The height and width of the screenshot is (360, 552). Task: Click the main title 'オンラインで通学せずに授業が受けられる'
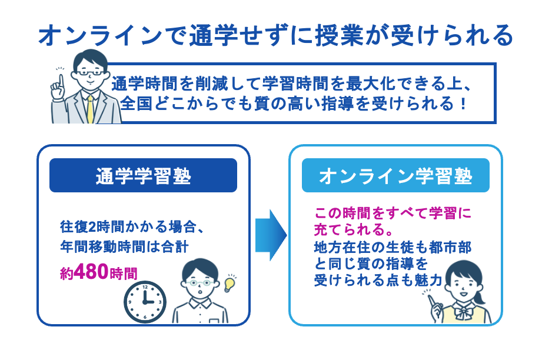click(275, 36)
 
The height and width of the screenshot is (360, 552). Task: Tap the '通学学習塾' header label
click(143, 176)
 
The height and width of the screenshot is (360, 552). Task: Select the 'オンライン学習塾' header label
click(395, 176)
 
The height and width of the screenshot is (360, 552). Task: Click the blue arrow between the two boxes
click(270, 235)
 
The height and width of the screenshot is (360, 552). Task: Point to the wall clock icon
click(145, 301)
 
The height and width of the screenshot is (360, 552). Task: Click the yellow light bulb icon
click(229, 284)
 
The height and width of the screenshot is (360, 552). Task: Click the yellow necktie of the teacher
click(90, 109)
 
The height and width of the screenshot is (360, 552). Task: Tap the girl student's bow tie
click(467, 310)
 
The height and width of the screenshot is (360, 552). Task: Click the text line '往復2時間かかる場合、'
click(132, 226)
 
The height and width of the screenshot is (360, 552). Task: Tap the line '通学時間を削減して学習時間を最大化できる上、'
click(294, 83)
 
